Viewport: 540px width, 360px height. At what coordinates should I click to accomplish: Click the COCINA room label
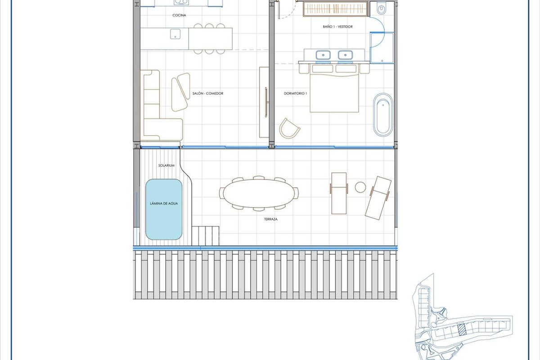click(x=179, y=15)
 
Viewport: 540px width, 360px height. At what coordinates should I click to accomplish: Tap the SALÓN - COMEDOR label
click(x=208, y=93)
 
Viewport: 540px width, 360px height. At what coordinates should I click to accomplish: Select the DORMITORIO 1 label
click(x=295, y=93)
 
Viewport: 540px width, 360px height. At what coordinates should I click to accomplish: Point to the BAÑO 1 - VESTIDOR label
click(x=338, y=27)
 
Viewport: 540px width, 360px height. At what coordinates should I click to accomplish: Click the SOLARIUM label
click(x=166, y=166)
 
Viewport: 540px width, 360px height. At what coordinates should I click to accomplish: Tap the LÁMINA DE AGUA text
click(x=164, y=203)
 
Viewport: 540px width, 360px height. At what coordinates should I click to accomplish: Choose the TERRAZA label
click(x=271, y=219)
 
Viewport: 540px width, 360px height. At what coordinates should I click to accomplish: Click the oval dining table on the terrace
click(x=259, y=193)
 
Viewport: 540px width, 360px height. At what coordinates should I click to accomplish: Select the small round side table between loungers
click(x=360, y=187)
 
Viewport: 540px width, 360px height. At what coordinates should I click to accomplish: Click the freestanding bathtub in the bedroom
click(x=383, y=115)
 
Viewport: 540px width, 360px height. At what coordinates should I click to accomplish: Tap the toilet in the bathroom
click(x=381, y=9)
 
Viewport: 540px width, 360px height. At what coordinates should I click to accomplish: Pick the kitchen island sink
click(x=175, y=34)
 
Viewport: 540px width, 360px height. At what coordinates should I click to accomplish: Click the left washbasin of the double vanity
click(x=323, y=55)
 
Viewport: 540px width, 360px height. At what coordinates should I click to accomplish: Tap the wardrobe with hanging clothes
click(x=335, y=9)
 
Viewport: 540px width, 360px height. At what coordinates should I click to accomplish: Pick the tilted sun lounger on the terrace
click(x=378, y=198)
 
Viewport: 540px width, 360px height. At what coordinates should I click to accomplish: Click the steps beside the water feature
click(x=206, y=236)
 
